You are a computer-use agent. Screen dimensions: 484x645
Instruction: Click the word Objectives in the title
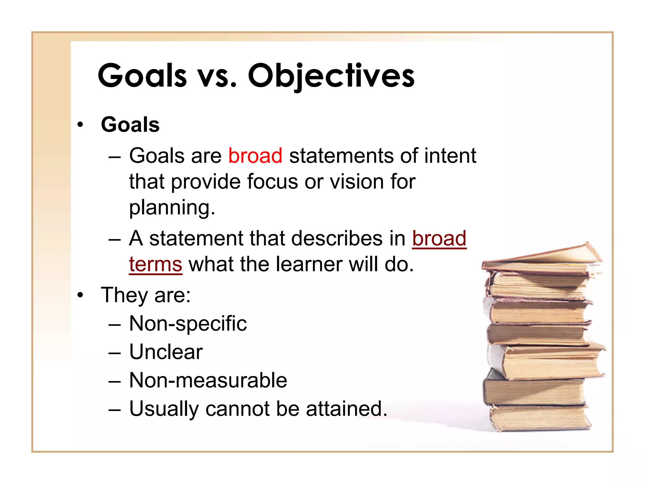coord(331,76)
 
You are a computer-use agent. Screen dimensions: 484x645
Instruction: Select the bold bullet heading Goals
coord(130,124)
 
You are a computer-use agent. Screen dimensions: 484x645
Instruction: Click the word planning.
coord(172,208)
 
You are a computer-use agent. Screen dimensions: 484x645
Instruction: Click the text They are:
coord(146,295)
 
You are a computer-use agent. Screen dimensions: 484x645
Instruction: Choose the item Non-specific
coord(188,324)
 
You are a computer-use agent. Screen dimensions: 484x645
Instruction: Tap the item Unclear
coord(166,352)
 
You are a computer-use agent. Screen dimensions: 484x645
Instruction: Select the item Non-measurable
coord(208,380)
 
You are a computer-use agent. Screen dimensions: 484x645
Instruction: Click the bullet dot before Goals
coord(81,125)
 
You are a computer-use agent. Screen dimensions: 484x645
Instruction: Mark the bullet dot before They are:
coord(81,296)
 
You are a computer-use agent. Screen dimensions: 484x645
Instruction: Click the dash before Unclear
coord(114,353)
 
